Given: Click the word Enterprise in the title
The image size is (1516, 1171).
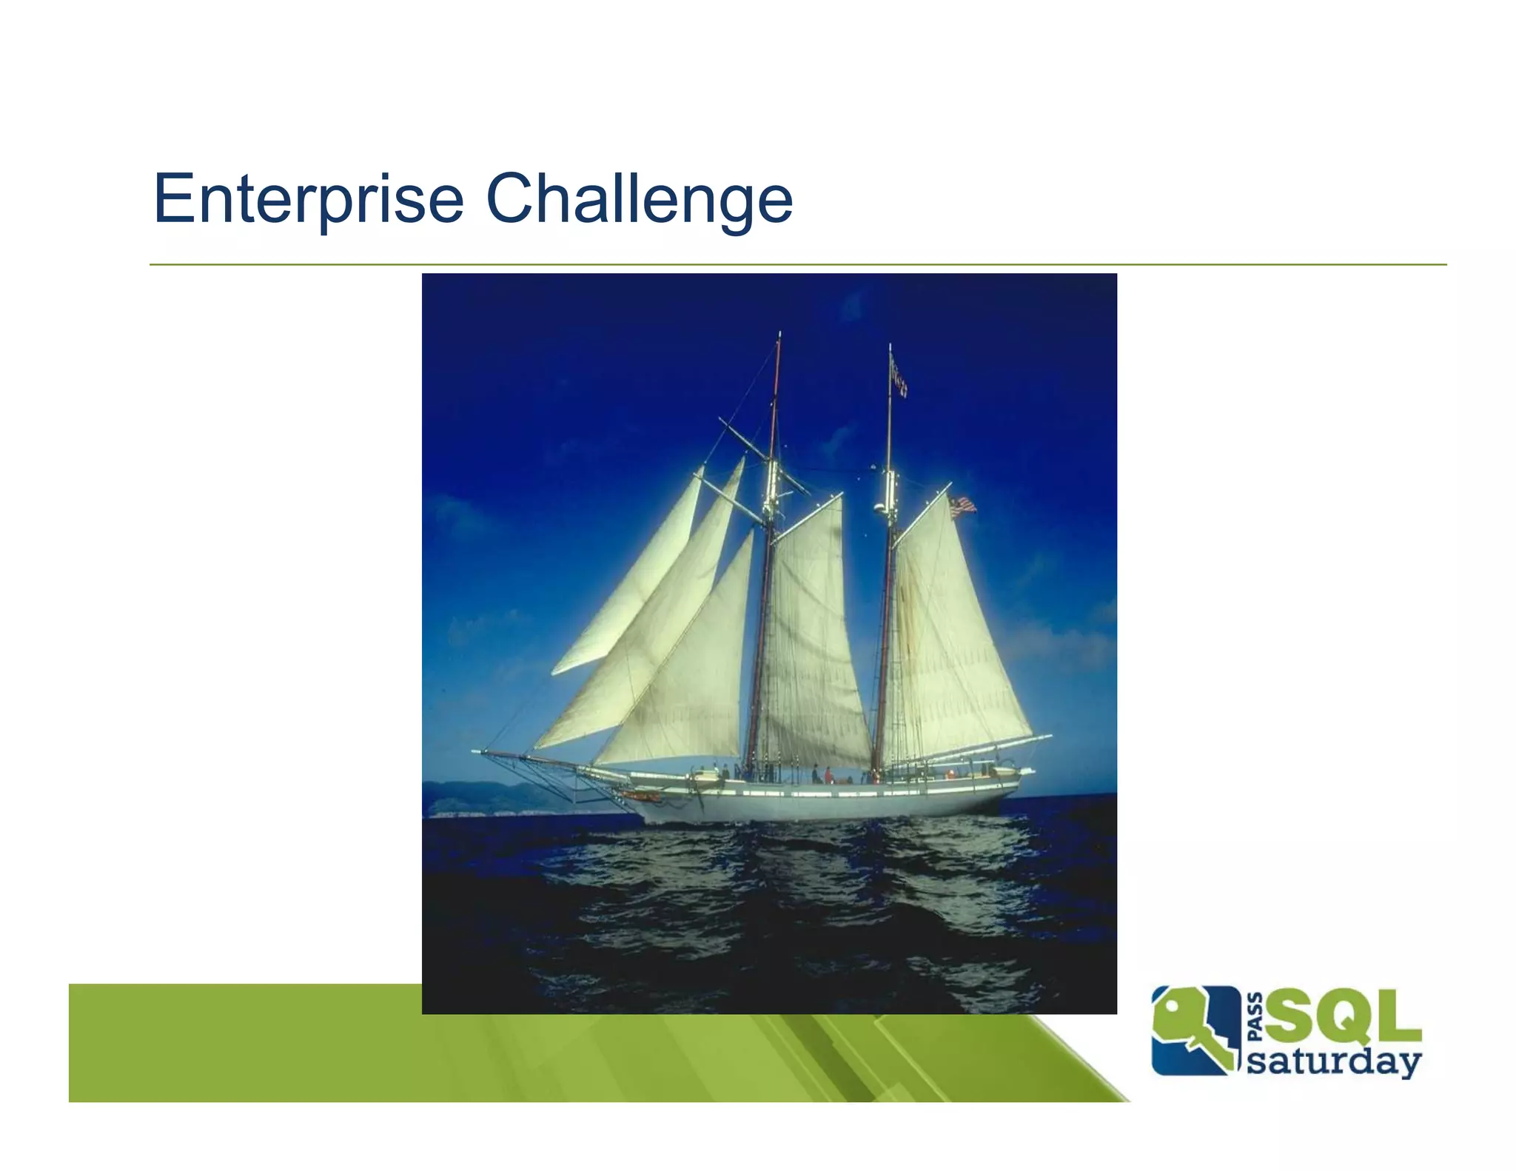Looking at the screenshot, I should pos(308,200).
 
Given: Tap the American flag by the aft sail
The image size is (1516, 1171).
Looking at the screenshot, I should pos(962,506).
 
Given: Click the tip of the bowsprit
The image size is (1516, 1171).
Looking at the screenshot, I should pos(477,751).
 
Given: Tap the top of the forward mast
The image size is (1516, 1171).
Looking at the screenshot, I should pos(779,337).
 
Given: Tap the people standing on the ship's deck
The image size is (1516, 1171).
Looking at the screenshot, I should pos(822,774).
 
